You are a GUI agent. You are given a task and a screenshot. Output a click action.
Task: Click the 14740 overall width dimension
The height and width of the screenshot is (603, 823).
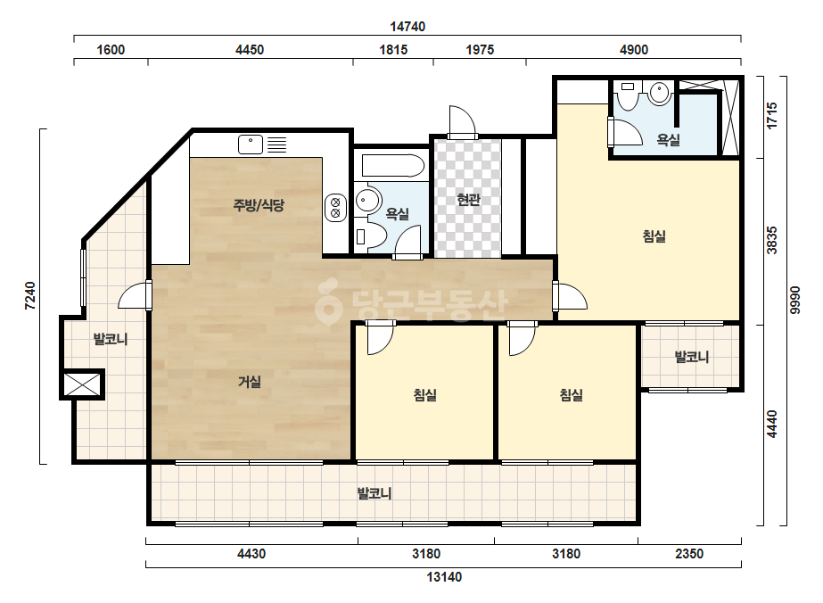407,26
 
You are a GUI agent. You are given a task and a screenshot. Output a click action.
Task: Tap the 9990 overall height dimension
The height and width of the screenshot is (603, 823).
795,300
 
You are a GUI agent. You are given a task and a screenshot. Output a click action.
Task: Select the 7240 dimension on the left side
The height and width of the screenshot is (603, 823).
30,296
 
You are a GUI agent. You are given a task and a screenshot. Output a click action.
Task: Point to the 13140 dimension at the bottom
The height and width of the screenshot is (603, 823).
444,577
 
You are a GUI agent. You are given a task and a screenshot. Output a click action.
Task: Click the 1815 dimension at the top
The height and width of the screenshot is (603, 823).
393,50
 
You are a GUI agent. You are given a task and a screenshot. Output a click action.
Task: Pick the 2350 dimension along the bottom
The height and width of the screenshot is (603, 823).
689,554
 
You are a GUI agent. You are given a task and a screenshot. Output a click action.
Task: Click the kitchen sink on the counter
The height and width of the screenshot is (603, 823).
251,145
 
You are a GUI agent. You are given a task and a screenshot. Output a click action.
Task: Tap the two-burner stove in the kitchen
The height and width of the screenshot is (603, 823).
335,208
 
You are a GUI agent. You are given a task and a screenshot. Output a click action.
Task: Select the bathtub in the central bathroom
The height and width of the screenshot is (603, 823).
392,165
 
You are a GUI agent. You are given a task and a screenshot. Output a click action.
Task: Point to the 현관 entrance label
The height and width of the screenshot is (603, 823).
468,200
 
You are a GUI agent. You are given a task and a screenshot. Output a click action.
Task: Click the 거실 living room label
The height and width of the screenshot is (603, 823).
250,382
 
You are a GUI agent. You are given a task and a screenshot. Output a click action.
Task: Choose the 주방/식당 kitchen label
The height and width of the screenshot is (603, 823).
259,205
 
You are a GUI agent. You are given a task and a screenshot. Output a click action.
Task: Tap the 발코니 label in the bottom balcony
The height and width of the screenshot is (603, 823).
374,494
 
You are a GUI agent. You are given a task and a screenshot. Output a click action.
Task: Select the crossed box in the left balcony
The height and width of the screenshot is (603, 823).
82,384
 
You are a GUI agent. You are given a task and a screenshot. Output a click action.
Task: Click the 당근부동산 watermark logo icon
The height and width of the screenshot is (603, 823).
328,302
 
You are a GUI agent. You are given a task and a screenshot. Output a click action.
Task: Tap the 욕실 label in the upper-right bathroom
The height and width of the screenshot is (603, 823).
669,140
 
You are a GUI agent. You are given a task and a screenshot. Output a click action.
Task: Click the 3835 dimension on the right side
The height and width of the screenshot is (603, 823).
771,240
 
